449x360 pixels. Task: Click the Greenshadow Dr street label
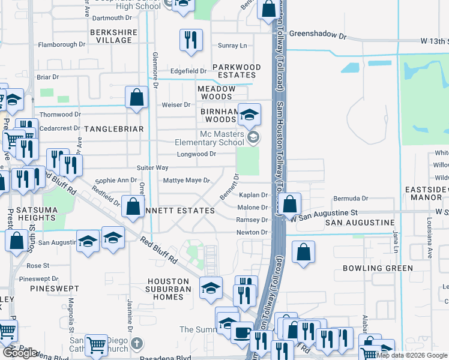click(x=318, y=35)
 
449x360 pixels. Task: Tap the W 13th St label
click(x=434, y=41)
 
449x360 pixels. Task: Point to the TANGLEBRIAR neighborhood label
click(x=114, y=129)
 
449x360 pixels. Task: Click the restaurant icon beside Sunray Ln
click(x=190, y=40)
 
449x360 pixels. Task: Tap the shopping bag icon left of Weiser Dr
click(x=137, y=97)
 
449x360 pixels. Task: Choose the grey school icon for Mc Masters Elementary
click(x=253, y=138)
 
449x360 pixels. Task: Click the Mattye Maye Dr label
click(x=187, y=180)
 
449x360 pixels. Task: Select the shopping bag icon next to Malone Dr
click(x=290, y=205)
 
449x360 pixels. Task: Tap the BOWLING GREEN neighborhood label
click(x=378, y=268)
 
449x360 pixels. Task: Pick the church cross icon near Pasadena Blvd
click(x=137, y=343)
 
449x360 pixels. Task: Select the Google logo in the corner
click(x=20, y=353)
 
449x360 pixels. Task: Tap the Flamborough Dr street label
click(x=62, y=44)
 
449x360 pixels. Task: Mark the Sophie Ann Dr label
click(x=116, y=180)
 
